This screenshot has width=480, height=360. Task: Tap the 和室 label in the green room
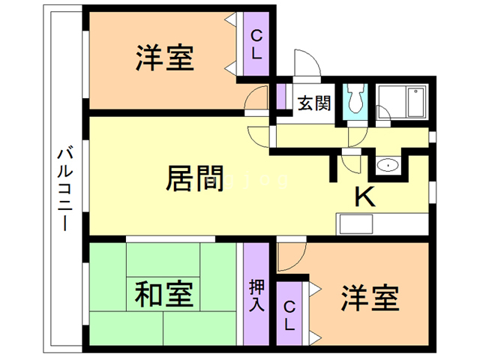tap(164, 294)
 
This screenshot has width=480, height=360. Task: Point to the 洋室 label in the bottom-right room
tap(369, 298)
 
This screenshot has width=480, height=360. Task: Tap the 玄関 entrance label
tap(313, 103)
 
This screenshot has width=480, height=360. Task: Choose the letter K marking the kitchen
tap(364, 196)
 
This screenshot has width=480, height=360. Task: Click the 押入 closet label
tap(256, 295)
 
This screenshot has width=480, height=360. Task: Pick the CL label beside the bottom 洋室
tap(289, 315)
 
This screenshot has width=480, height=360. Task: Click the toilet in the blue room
tap(355, 100)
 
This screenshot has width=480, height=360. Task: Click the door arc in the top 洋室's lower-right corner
tap(256, 100)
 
